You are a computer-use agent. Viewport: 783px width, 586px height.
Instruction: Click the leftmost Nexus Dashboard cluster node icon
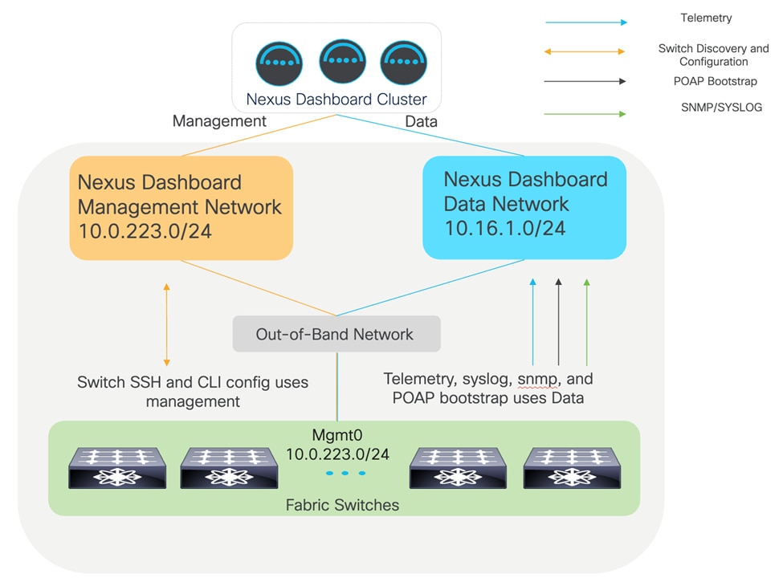[x=279, y=63]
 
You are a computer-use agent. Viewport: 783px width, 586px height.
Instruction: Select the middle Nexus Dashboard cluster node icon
[x=343, y=60]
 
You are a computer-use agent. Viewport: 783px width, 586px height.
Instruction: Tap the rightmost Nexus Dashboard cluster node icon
[x=403, y=63]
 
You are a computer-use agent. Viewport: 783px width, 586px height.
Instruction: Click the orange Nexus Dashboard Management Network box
[x=181, y=207]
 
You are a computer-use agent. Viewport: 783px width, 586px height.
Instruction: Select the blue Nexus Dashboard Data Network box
[x=524, y=207]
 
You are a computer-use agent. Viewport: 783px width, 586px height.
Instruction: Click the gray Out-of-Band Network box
[x=336, y=334]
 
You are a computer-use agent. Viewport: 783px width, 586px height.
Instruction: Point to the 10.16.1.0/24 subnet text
[x=504, y=229]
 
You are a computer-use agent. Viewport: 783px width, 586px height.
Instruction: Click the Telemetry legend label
[x=705, y=18]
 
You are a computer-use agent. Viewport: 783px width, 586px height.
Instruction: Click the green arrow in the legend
[x=585, y=114]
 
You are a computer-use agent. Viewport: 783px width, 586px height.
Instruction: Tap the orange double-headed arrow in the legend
[x=585, y=51]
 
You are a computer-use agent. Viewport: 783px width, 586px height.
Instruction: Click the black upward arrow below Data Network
[x=559, y=321]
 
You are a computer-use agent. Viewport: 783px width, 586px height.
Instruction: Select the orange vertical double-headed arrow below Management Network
[x=166, y=324]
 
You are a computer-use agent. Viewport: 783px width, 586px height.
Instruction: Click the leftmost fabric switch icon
[x=118, y=468]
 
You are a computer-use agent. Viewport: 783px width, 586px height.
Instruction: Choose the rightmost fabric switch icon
[x=572, y=468]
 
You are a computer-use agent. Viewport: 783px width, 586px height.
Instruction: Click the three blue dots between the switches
[x=346, y=473]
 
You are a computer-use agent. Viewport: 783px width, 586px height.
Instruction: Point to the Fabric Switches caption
[x=342, y=505]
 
